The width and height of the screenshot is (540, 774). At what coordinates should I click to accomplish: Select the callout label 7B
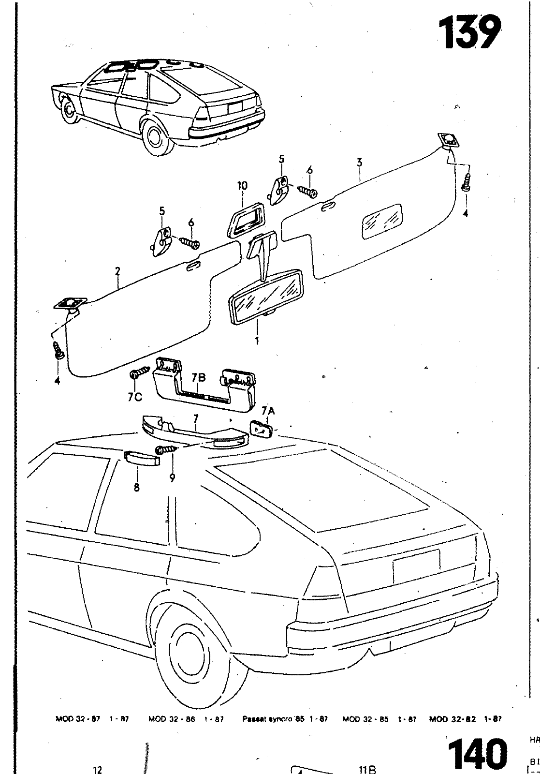tap(199, 378)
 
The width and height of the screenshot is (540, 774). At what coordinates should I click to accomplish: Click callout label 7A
tap(268, 412)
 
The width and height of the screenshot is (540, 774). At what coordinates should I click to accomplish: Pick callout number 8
tap(136, 488)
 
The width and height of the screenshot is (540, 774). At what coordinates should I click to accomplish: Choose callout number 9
tap(172, 478)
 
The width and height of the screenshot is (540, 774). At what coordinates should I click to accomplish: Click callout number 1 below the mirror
tap(257, 341)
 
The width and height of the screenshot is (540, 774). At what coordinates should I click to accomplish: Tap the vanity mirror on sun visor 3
tap(382, 221)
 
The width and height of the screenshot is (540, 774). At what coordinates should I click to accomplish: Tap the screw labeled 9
tap(165, 450)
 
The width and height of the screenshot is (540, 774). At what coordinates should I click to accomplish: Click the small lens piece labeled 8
tap(142, 458)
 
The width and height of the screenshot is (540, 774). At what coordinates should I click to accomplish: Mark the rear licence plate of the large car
tap(416, 566)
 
